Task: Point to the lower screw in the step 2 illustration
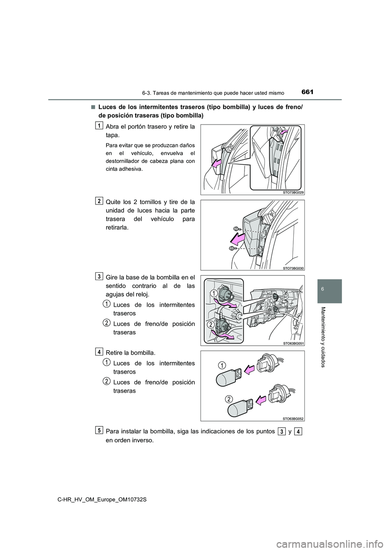232,248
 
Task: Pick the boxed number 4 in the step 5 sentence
299,431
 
